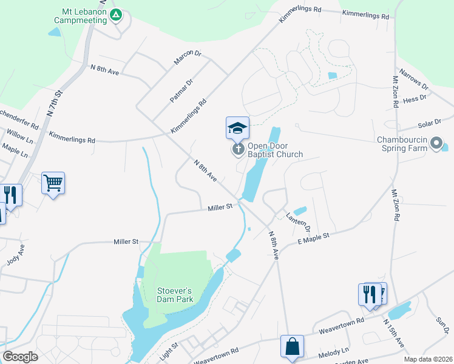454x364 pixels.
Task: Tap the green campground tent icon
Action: coord(117,15)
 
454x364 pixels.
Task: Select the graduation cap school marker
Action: coord(237,127)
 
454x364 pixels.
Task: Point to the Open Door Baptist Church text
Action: coord(275,150)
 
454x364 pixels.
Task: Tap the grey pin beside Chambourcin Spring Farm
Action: coord(436,144)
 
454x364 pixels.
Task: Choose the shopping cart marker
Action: coord(53,182)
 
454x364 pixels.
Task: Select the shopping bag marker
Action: coord(292,346)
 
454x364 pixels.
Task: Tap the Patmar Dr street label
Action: coord(181,90)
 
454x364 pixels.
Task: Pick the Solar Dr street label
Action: coord(429,124)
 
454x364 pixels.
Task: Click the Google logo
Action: coord(20,357)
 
